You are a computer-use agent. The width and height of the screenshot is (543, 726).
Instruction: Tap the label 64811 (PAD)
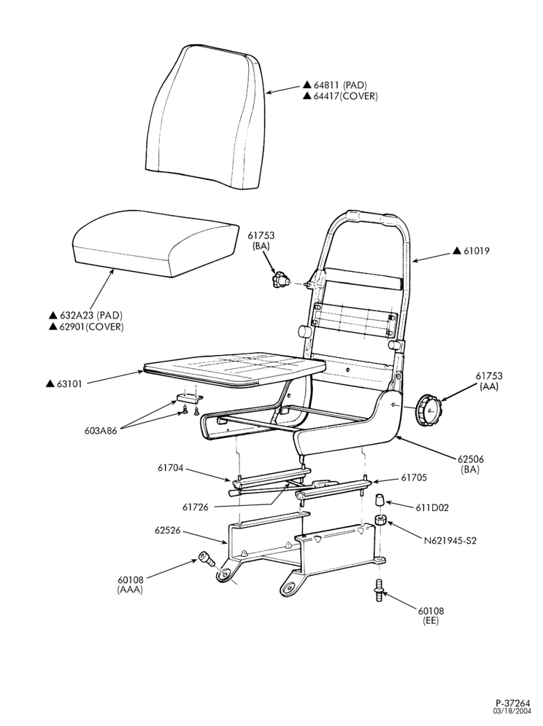pos(340,85)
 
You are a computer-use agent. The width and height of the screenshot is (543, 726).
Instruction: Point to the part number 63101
pos(69,384)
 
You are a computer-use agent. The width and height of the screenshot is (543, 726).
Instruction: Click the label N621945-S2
pos(450,540)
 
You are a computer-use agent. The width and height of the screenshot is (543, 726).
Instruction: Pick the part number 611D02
pos(432,507)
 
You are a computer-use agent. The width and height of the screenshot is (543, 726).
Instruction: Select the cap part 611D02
pos(380,501)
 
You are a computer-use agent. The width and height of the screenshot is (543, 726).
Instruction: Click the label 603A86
pos(101,431)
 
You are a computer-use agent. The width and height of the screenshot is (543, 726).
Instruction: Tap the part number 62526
pos(167,531)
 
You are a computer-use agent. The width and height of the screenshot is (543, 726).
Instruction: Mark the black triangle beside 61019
pos(457,251)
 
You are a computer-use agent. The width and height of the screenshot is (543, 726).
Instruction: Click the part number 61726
pos(195,507)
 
